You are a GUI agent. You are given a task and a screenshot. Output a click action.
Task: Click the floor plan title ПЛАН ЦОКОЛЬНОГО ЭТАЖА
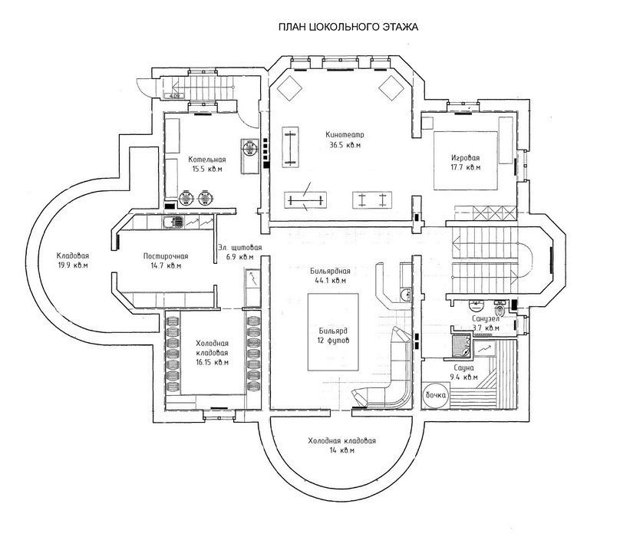(348, 27)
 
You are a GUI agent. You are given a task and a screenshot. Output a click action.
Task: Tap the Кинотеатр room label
(345, 134)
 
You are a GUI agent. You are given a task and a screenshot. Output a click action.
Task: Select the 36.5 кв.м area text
(345, 145)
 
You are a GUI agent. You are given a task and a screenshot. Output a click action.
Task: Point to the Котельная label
(207, 160)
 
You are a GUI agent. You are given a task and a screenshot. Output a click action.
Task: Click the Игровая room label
(465, 158)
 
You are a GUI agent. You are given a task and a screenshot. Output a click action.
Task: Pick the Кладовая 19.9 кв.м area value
(73, 265)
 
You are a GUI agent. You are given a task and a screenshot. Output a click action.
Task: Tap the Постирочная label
(166, 256)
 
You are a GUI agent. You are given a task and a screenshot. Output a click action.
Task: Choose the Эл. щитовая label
(239, 248)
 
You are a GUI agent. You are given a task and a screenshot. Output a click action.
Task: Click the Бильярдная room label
(330, 272)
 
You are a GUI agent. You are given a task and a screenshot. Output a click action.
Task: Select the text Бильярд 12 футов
(333, 336)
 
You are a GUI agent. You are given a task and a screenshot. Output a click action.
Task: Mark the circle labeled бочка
(436, 395)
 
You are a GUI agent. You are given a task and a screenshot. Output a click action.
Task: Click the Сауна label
(463, 367)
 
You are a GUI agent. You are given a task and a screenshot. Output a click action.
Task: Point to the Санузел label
(486, 318)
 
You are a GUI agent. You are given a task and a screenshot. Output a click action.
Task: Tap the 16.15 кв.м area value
(213, 362)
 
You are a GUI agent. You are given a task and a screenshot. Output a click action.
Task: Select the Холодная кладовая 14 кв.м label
(342, 446)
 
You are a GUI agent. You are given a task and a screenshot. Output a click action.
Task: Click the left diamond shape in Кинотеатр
(289, 88)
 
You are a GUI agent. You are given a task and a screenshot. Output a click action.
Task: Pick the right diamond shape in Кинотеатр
(391, 88)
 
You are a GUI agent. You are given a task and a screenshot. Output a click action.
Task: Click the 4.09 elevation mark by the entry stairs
(173, 95)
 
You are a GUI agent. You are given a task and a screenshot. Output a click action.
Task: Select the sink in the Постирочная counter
(173, 222)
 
